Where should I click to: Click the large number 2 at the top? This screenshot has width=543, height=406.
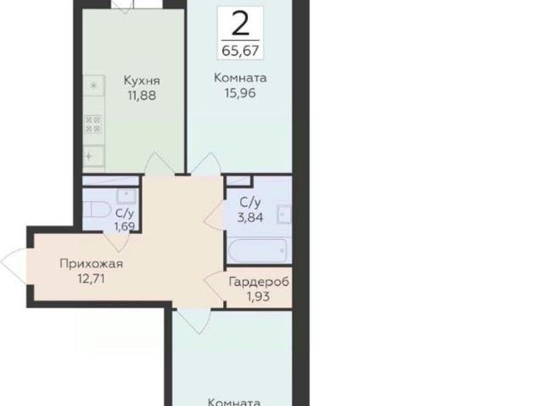[x=240, y=23]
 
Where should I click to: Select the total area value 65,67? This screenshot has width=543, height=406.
[x=240, y=51]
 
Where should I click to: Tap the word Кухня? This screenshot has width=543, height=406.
[x=142, y=81]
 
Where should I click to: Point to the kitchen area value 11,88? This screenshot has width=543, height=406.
[x=142, y=95]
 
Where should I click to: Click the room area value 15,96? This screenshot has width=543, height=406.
[x=240, y=92]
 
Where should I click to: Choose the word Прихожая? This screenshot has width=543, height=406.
[x=92, y=264]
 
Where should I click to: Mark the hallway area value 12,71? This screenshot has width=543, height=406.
[x=92, y=278]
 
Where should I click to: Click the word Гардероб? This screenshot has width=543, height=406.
[x=259, y=282]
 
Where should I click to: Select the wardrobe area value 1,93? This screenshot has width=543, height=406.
[x=258, y=297]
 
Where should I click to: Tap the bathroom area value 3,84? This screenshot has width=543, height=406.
[x=250, y=218]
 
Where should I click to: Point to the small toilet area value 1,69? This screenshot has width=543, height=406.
[x=125, y=227]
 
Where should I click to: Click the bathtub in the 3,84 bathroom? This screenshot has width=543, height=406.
[x=258, y=251]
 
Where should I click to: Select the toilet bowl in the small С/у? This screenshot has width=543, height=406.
[x=96, y=209]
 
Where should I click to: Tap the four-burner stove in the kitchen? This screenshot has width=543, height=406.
[x=93, y=125]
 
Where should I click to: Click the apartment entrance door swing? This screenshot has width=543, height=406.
[x=14, y=264]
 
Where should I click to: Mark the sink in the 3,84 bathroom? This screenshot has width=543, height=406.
[x=284, y=214]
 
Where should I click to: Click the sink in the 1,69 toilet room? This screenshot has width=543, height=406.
[x=127, y=197]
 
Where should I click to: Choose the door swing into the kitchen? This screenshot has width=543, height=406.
[x=159, y=164]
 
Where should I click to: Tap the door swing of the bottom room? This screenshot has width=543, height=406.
[x=194, y=322]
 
